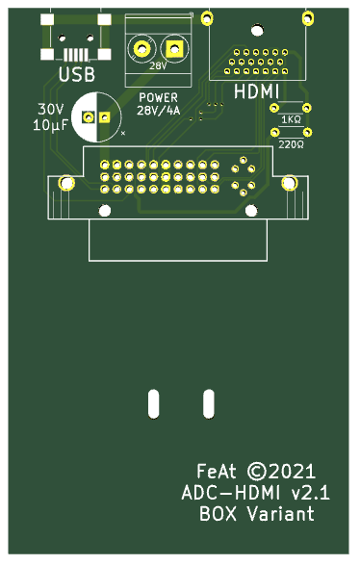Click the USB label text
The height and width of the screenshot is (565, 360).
pyautogui.click(x=77, y=74)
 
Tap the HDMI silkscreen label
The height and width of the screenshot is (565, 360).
pyautogui.click(x=257, y=91)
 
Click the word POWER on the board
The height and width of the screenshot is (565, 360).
pyautogui.click(x=158, y=97)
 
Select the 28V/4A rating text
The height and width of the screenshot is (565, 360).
pyautogui.click(x=158, y=111)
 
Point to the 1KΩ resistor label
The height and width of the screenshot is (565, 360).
pyautogui.click(x=291, y=119)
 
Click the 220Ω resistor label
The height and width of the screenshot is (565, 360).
pyautogui.click(x=291, y=144)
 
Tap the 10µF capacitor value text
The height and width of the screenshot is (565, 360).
pyautogui.click(x=50, y=125)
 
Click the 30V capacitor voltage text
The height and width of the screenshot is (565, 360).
pyautogui.click(x=50, y=109)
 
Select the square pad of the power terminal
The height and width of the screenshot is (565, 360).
pyautogui.click(x=174, y=48)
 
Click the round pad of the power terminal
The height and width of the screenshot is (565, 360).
pyautogui.click(x=141, y=48)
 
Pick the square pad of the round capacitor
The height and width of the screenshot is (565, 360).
pyautogui.click(x=105, y=117)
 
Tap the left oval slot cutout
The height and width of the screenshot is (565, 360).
pyautogui.click(x=153, y=403)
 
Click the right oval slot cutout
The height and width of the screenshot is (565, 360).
pyautogui.click(x=209, y=403)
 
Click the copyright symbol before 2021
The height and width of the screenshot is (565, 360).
pyautogui.click(x=256, y=472)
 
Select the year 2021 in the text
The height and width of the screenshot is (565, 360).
pyautogui.click(x=292, y=472)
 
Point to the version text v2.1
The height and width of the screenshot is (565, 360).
pyautogui.click(x=310, y=493)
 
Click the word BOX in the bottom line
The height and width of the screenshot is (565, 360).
pyautogui.click(x=218, y=513)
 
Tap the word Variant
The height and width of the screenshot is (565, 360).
pyautogui.click(x=281, y=513)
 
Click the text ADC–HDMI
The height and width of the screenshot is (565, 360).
pyautogui.click(x=231, y=493)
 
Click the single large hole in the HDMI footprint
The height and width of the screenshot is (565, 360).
pyautogui.click(x=257, y=30)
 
